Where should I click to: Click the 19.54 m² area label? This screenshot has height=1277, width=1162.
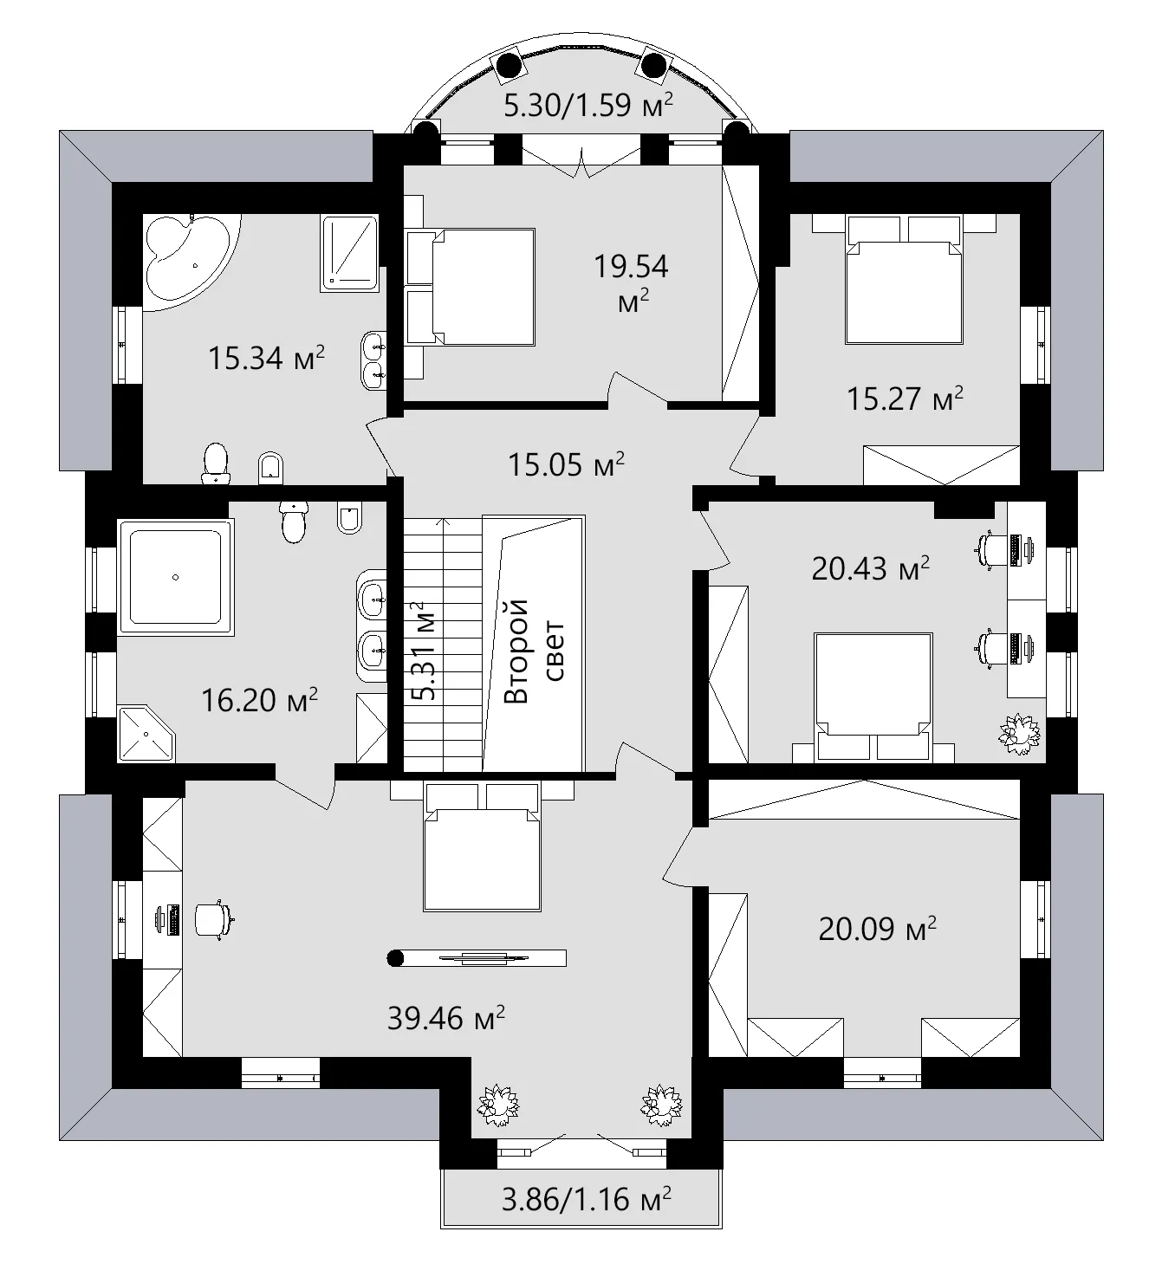coord(630,282)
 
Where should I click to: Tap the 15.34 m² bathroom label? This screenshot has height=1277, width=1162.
coord(266,358)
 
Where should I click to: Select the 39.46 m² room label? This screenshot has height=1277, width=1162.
coord(445,1018)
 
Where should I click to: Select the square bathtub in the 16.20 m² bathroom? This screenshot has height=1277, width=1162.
coord(176,576)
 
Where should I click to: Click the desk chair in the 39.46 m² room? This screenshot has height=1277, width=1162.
coord(213,918)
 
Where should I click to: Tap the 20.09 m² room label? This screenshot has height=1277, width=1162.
coord(877,929)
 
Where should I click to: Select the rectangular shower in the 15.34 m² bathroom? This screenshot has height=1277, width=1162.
coord(350,253)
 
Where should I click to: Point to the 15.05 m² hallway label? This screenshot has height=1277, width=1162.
coord(566,465)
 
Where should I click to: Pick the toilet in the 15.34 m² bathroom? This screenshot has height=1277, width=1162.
coord(214,463)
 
